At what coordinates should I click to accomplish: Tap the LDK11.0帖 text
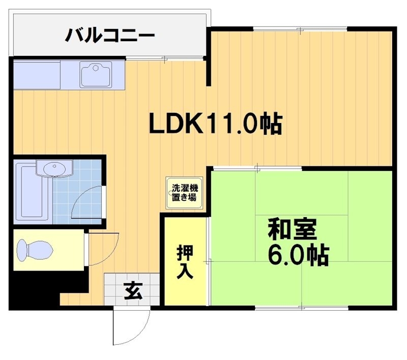coord(215,124)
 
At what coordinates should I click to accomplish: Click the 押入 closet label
coord(185,262)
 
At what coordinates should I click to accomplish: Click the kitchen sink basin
coord(96,75)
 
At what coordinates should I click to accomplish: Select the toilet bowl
coord(34,250)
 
